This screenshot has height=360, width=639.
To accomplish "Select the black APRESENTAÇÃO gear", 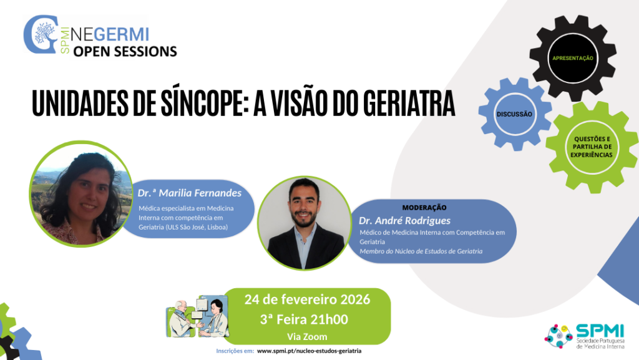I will (572, 58).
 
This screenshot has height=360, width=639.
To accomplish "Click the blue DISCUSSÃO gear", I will (514, 114).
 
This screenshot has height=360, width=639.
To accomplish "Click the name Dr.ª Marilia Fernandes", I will (190, 192).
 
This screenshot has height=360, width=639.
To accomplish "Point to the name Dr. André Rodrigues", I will (404, 220).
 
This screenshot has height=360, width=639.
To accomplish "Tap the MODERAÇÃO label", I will (424, 207).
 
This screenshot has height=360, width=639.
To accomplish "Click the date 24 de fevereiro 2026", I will (307, 299).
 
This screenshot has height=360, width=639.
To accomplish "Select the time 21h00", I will (329, 319).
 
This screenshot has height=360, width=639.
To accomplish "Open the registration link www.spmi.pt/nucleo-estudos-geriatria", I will (309, 351).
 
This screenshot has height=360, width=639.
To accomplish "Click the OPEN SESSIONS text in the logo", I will (125, 51).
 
